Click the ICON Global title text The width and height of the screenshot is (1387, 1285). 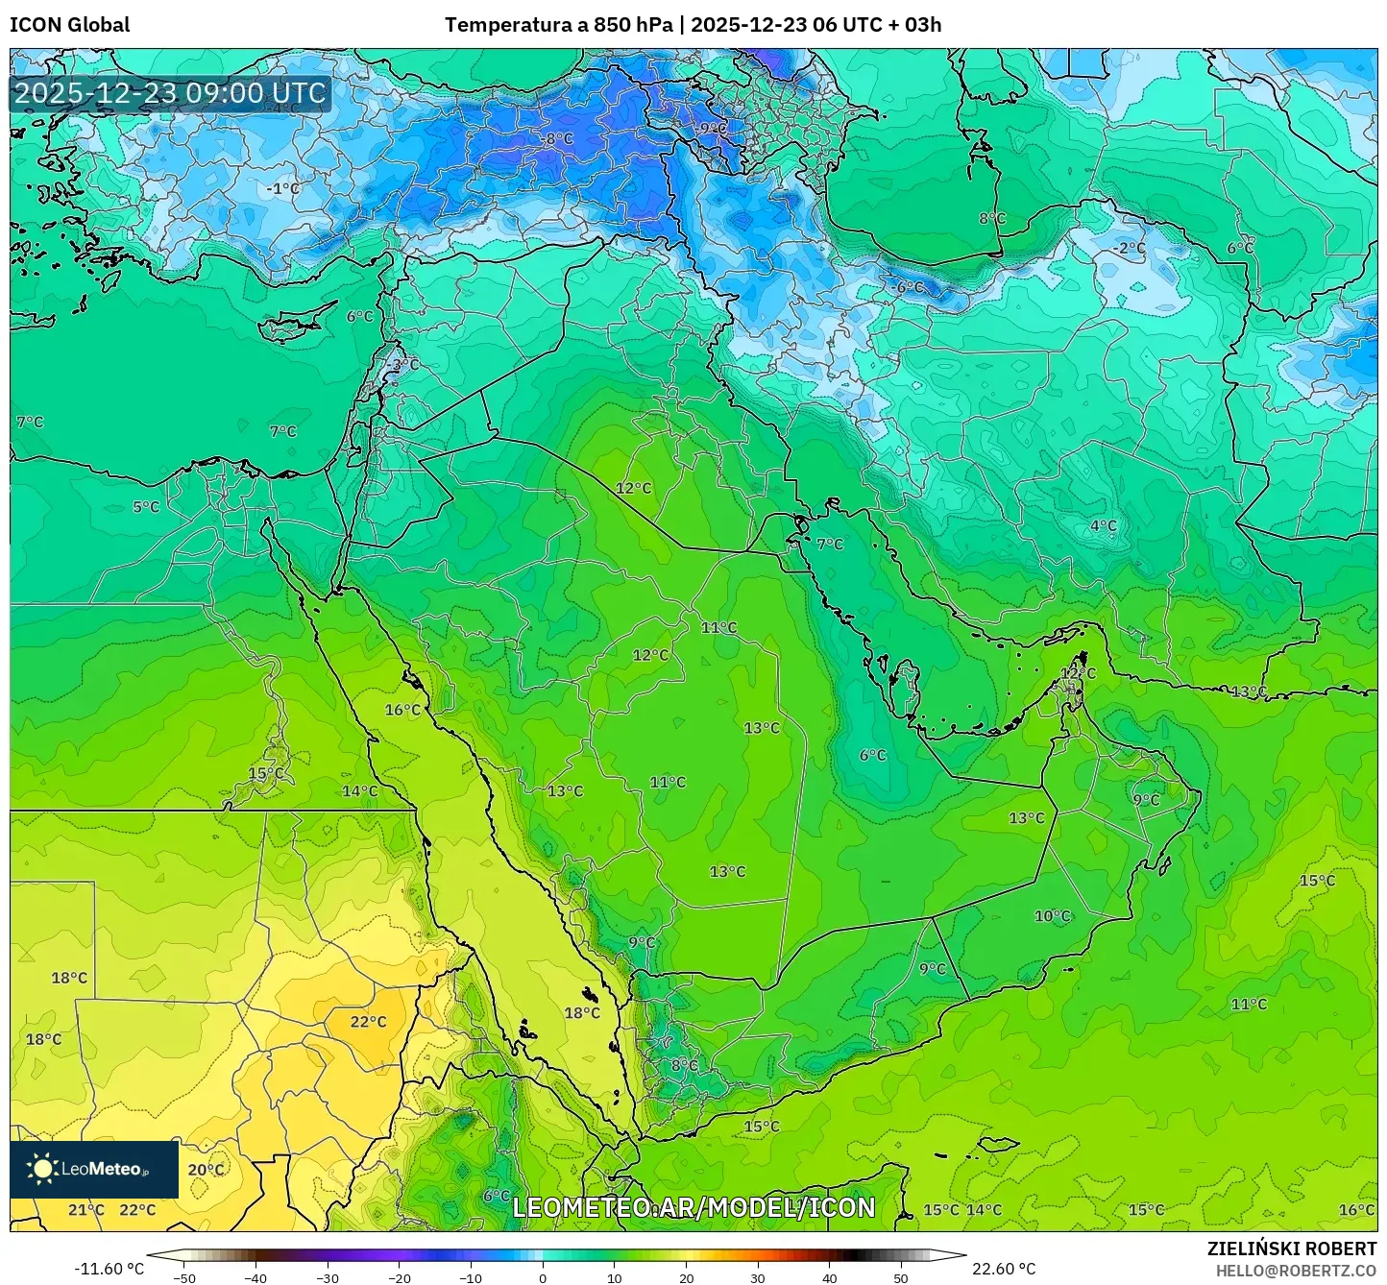click(x=69, y=25)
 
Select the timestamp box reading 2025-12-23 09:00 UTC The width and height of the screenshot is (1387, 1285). click(x=170, y=93)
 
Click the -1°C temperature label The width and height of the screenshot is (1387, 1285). click(x=282, y=189)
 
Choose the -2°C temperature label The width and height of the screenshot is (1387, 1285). click(x=1129, y=248)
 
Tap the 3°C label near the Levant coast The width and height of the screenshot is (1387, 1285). click(x=405, y=365)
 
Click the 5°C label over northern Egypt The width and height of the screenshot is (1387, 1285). click(x=146, y=507)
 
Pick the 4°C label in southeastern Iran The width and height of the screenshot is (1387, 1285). click(x=1103, y=525)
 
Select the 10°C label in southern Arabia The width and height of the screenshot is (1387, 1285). click(x=1052, y=916)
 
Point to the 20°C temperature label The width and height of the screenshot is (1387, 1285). click(x=206, y=1170)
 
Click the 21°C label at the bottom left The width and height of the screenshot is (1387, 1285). click(x=86, y=1210)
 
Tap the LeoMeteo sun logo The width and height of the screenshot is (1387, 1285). click(x=42, y=1169)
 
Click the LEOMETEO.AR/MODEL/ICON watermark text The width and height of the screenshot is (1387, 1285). click(x=693, y=1208)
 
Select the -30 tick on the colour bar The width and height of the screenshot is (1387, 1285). click(x=328, y=1277)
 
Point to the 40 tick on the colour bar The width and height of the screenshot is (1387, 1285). click(x=829, y=1277)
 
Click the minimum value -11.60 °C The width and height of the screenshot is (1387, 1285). click(x=109, y=1269)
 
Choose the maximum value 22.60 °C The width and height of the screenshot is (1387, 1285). click(x=1004, y=1269)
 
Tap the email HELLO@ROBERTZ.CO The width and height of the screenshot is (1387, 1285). click(x=1296, y=1271)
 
